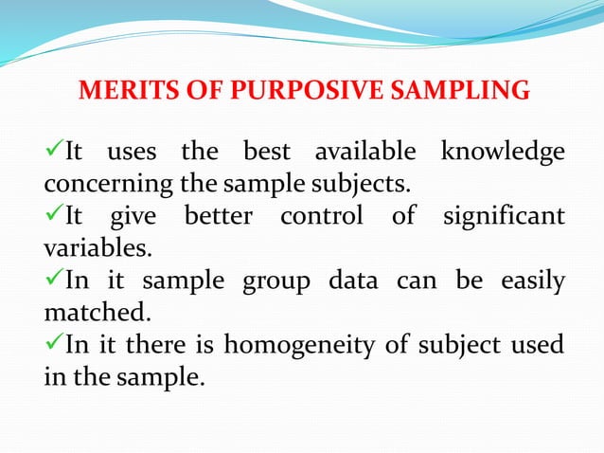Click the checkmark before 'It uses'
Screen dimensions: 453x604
point(53,152)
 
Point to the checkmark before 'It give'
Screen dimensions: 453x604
point(53,215)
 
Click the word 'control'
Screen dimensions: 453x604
point(320,216)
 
